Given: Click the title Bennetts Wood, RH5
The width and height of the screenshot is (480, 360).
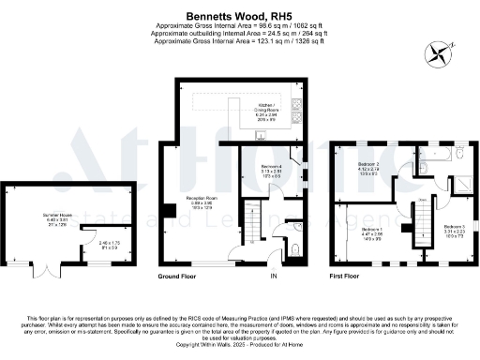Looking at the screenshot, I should click(x=239, y=16).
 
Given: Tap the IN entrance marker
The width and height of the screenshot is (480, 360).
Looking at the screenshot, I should click(x=274, y=277).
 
